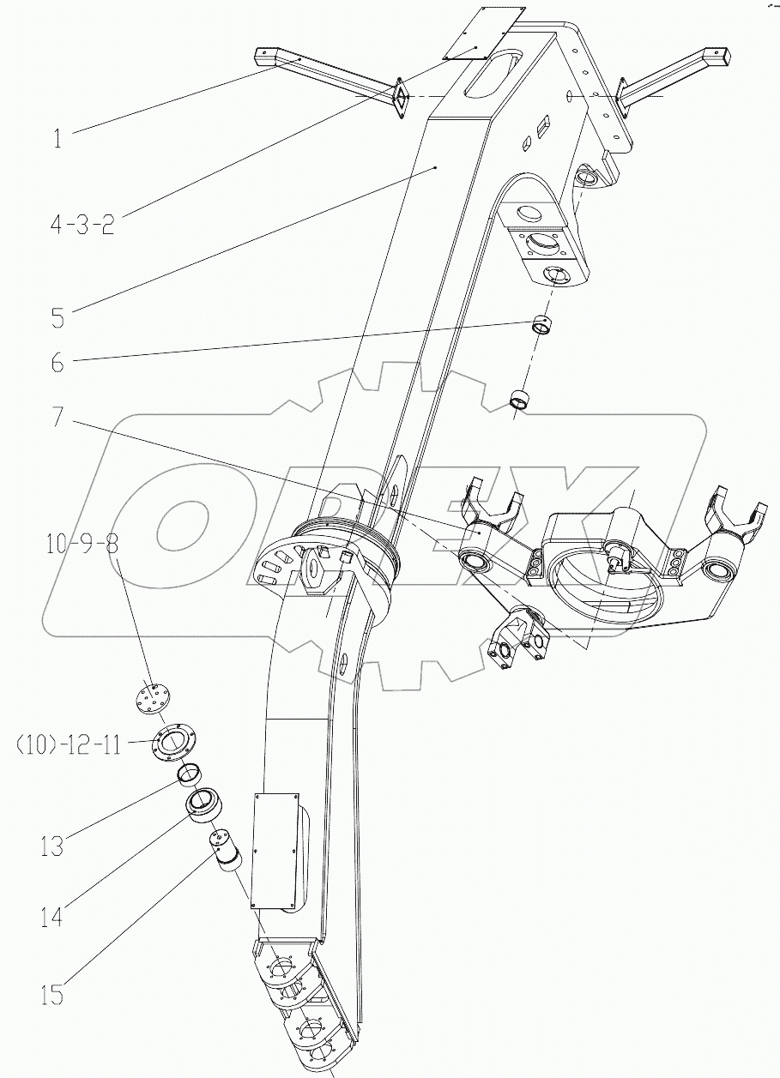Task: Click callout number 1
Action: [57, 138]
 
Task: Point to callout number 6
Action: [57, 363]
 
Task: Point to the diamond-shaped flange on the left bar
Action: [399, 99]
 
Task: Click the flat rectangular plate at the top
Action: [484, 33]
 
